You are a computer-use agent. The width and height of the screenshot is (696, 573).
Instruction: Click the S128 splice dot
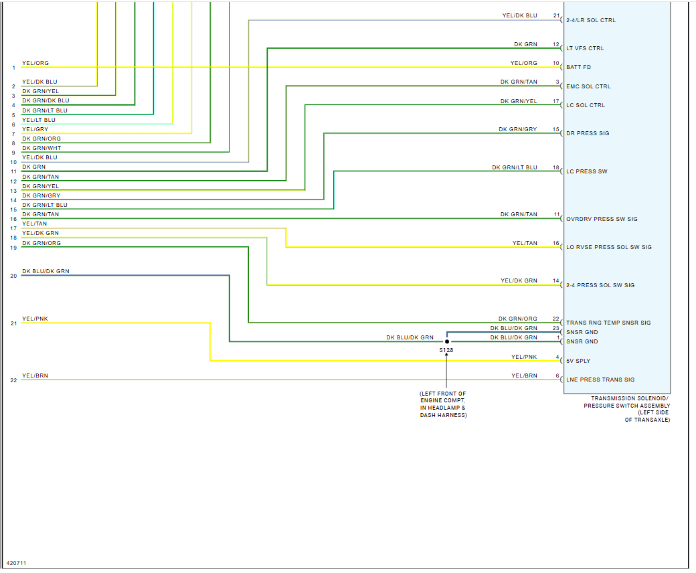pos(447,341)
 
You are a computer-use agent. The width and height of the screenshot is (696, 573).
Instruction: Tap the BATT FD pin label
pos(579,68)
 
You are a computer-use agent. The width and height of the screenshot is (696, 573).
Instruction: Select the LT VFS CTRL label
pos(585,49)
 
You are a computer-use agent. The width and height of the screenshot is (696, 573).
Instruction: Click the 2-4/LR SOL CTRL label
pos(590,20)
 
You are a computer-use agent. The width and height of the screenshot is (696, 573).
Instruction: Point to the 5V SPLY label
pos(578,361)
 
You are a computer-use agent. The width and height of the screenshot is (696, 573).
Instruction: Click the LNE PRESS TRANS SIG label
pos(600,380)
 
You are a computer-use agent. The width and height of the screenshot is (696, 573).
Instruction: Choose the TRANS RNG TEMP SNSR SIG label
pos(608,323)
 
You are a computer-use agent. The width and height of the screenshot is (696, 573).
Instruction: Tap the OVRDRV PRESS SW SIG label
pos(602,219)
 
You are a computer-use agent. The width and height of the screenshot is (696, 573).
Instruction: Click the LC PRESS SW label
pos(586,171)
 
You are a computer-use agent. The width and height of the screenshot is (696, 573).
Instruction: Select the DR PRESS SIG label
pos(588,133)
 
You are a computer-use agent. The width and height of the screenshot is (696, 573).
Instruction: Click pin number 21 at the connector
pos(555,15)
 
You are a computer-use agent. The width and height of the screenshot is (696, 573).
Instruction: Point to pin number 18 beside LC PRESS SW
pos(555,167)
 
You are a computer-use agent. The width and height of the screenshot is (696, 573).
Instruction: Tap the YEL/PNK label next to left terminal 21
pos(34,319)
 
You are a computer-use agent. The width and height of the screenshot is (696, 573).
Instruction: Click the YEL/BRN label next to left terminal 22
pos(35,376)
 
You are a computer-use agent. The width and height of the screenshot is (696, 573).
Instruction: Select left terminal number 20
pos(13,276)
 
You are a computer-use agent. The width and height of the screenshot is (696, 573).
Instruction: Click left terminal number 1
pos(13,68)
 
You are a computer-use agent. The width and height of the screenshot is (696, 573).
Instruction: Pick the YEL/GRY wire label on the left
pos(35,129)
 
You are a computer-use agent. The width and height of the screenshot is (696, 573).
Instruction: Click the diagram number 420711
pos(17,564)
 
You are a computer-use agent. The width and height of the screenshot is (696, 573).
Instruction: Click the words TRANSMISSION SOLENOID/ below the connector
pos(626,398)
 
